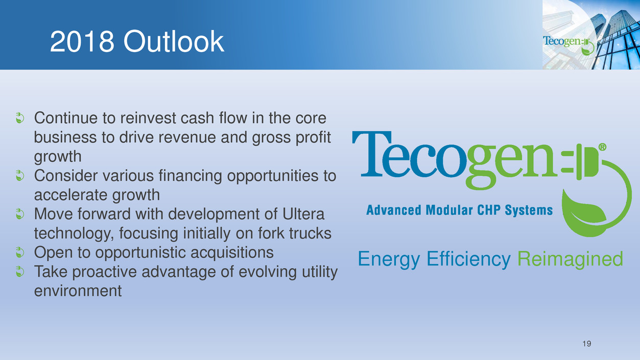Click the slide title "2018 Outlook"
click(137, 42)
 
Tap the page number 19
click(586, 344)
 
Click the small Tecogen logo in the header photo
click(568, 44)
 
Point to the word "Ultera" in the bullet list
click(303, 214)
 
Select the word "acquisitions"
click(232, 253)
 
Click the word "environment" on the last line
click(78, 291)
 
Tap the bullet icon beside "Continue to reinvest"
click(20, 118)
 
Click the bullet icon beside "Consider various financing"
click(20, 176)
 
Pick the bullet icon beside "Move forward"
click(20, 214)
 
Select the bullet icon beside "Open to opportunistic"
click(20, 252)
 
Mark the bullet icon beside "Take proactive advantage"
click(20, 272)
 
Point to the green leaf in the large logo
click(584, 213)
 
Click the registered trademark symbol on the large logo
click(602, 147)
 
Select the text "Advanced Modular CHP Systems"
click(459, 210)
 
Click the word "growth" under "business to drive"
click(58, 157)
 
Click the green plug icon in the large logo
click(583, 162)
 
